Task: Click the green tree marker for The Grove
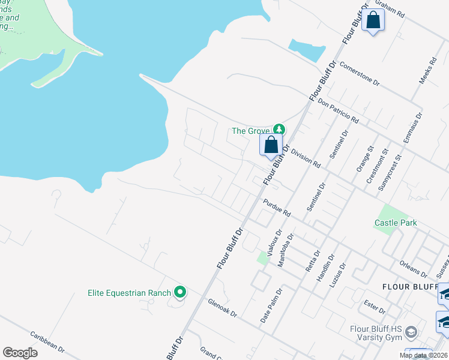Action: point(279,129)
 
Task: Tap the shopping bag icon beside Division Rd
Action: point(271,145)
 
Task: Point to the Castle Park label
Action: point(395,223)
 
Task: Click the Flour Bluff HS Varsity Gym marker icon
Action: point(411,332)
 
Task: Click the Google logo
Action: point(20,352)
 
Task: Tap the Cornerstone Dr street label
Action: point(360,73)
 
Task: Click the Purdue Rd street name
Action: point(276,208)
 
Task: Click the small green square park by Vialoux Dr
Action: point(262,259)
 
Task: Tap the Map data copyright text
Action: point(424,355)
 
